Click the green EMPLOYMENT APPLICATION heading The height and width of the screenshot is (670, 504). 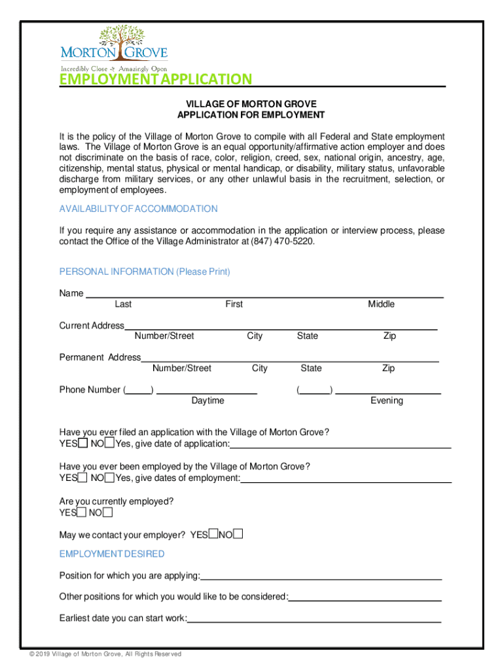click(x=155, y=80)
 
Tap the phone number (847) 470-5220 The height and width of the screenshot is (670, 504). click(x=280, y=241)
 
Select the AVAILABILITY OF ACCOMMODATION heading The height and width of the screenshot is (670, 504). click(x=138, y=209)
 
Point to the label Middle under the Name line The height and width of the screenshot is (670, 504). click(x=381, y=304)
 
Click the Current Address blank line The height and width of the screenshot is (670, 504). click(x=281, y=326)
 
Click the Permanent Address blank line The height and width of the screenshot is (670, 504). click(x=289, y=358)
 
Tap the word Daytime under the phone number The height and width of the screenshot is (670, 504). click(x=207, y=400)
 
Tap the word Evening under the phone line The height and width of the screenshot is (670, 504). click(x=386, y=400)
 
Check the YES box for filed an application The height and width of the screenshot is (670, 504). click(x=82, y=444)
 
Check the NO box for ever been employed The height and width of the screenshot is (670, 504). click(x=109, y=478)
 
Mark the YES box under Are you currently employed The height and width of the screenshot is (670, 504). click(x=82, y=512)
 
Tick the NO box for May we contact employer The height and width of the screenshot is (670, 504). click(x=238, y=535)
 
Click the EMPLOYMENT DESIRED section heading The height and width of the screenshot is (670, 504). click(x=112, y=554)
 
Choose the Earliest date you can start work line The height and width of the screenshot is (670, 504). click(x=314, y=619)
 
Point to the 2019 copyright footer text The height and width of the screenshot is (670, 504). click(x=101, y=654)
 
